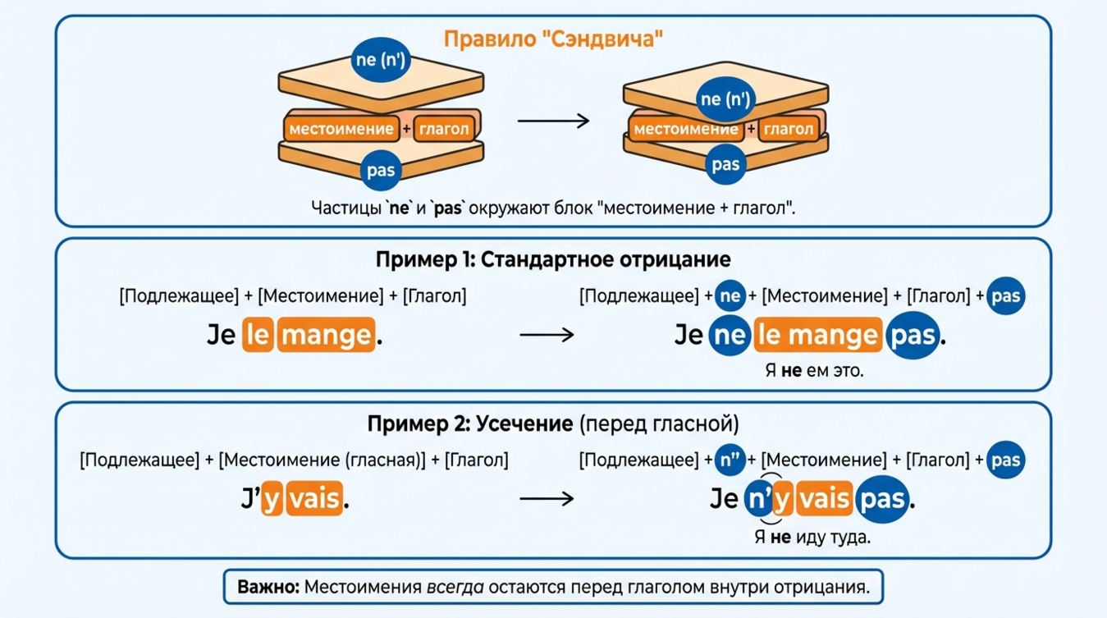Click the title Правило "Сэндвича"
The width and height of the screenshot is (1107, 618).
(553, 39)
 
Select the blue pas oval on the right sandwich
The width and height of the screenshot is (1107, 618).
(725, 164)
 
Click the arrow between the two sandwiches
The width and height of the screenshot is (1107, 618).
(553, 121)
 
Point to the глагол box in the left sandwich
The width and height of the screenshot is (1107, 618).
(444, 129)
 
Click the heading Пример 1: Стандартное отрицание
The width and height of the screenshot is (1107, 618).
(553, 260)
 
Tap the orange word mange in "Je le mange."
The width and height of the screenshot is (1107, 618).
(326, 335)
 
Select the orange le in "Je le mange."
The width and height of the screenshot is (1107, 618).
(257, 335)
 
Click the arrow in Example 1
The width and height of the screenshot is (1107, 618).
(547, 335)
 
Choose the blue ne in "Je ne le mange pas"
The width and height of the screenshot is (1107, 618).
(729, 335)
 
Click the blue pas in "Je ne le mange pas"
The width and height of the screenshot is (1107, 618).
(912, 335)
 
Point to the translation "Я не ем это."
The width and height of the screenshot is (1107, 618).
(814, 371)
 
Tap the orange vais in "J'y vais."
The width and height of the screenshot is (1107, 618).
(315, 498)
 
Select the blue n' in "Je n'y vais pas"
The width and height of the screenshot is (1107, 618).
(758, 499)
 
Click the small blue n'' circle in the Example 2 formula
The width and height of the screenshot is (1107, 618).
(730, 460)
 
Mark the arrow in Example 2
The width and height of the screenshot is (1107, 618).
(547, 498)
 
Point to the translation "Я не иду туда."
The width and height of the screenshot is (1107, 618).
(812, 538)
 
